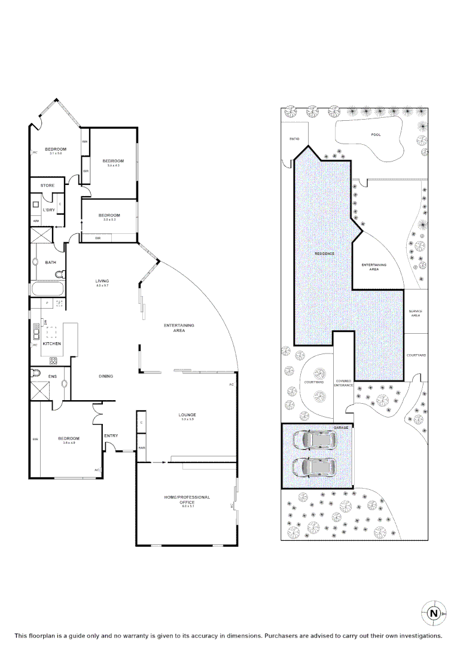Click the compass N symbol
(434, 613)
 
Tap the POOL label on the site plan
(376, 135)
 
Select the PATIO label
(294, 139)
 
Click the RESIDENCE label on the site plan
(325, 254)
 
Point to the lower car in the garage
(313, 466)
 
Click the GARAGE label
(341, 428)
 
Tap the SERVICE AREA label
(415, 313)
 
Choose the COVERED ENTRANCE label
(343, 383)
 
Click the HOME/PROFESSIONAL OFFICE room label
(187, 500)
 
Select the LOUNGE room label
(187, 415)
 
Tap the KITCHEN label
(52, 344)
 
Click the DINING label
(106, 376)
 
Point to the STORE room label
(47, 185)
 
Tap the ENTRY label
(111, 435)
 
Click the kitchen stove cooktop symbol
(53, 360)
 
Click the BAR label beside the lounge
(142, 447)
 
